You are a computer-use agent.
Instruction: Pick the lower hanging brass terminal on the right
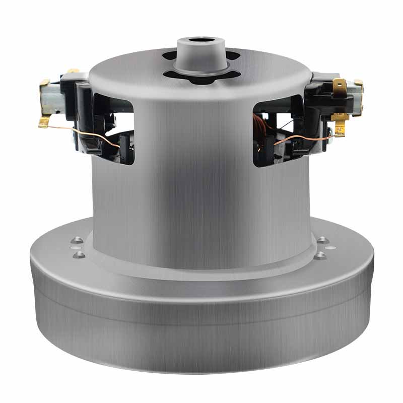pos(341,123)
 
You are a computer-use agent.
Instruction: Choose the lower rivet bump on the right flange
pos(320,255)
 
